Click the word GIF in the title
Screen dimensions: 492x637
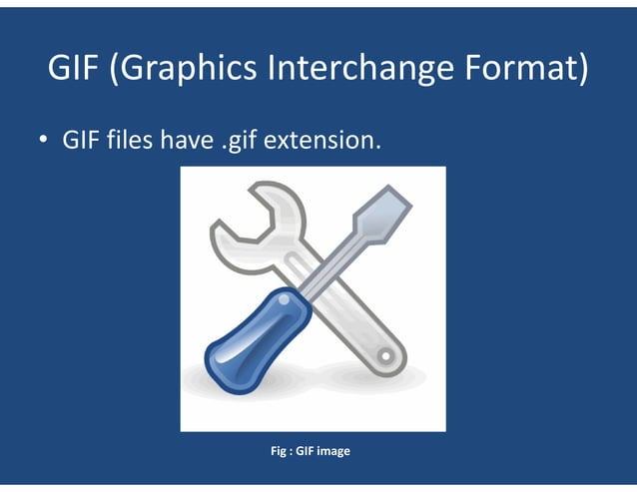(x=72, y=69)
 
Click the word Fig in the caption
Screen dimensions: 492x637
(x=279, y=451)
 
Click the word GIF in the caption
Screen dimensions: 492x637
(x=305, y=451)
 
